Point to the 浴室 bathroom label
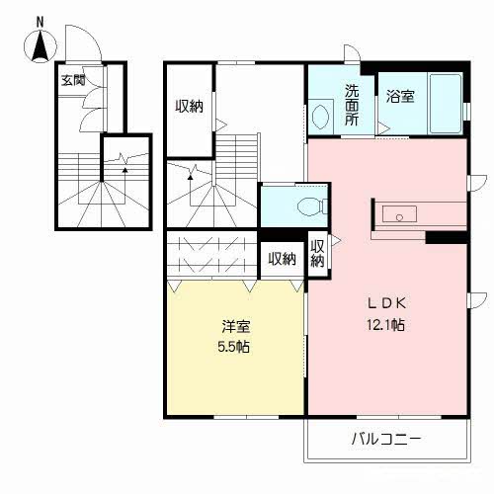399,96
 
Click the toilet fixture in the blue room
308,207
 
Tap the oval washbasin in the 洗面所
320,117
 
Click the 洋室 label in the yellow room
233,327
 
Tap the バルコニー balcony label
385,438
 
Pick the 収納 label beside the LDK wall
317,253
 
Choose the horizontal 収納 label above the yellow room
282,259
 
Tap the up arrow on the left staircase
124,169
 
